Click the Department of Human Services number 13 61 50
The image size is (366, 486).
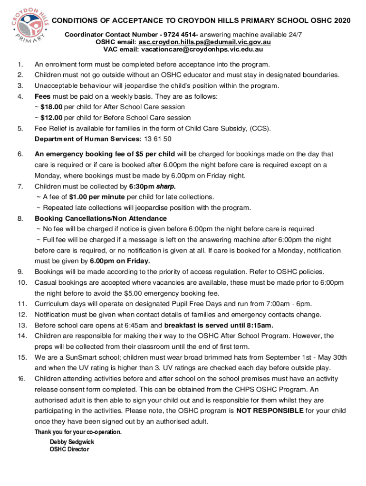pos(158,139)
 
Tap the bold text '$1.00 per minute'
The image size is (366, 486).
pos(97,196)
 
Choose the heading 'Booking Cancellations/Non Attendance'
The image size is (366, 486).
pos(101,218)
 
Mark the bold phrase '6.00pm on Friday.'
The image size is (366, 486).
pos(120,261)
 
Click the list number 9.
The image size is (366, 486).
pos(20,271)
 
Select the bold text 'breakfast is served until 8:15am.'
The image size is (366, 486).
pos(219,325)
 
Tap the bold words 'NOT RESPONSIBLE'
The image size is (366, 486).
pos(270,410)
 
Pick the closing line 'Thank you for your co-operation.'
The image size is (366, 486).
pos(78,432)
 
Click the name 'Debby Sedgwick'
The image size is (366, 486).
pos(72,442)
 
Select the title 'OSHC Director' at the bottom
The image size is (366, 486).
pos(69,449)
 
